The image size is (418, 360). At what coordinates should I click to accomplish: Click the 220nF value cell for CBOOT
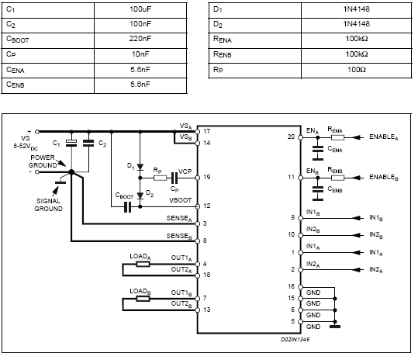click(140, 40)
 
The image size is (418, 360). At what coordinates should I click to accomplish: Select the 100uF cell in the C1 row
click(140, 11)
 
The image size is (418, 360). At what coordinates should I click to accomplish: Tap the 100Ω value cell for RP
click(357, 71)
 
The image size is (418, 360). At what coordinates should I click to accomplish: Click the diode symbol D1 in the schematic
click(140, 168)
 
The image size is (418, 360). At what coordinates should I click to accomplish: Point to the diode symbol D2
click(140, 196)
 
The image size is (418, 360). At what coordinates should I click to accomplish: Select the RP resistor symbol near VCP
click(161, 178)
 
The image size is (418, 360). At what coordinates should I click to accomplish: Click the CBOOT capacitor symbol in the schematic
click(128, 206)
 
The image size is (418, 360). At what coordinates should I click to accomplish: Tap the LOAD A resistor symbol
click(143, 264)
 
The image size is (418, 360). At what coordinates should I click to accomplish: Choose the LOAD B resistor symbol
click(143, 299)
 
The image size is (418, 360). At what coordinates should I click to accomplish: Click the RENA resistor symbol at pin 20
click(338, 137)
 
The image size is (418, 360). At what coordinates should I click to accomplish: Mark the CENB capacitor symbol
click(318, 189)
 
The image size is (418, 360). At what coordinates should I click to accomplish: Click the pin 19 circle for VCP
click(198, 178)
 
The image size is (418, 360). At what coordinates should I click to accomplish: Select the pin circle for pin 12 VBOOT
click(198, 206)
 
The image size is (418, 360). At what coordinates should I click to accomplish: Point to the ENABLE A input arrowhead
click(357, 137)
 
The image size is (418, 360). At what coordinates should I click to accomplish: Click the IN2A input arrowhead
click(357, 270)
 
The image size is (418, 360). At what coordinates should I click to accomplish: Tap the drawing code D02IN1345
click(295, 340)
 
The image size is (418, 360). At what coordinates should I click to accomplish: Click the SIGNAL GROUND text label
click(48, 205)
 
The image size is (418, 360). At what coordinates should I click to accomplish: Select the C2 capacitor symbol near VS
click(88, 144)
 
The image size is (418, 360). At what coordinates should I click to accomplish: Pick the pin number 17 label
click(207, 131)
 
